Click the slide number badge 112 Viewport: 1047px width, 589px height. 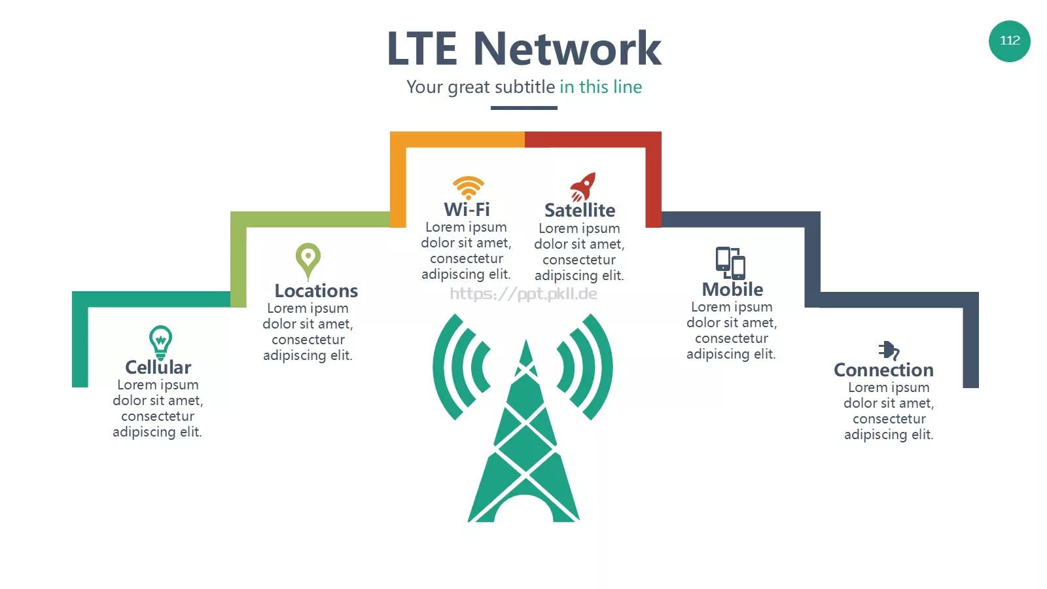tap(1009, 41)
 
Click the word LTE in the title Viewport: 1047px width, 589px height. tap(422, 48)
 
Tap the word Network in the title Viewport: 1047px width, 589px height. tap(567, 48)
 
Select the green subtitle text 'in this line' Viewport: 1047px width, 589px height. tap(601, 87)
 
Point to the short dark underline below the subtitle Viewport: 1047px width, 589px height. tap(523, 108)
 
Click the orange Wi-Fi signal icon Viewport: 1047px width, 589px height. tap(468, 188)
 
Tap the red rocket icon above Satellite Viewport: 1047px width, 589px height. tap(583, 187)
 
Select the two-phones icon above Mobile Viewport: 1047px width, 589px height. tap(730, 263)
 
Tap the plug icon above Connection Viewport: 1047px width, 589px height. tap(889, 351)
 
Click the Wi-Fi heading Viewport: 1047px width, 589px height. tap(467, 209)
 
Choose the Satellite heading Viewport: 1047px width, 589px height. tap(580, 210)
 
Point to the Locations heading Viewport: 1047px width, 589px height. tap(316, 291)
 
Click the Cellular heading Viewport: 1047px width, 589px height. tap(158, 367)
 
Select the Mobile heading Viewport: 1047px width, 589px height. tap(732, 289)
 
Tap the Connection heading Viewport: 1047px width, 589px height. tap(883, 370)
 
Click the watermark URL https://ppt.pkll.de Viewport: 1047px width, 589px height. tap(523, 294)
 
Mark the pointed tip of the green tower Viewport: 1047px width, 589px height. tap(526, 340)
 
